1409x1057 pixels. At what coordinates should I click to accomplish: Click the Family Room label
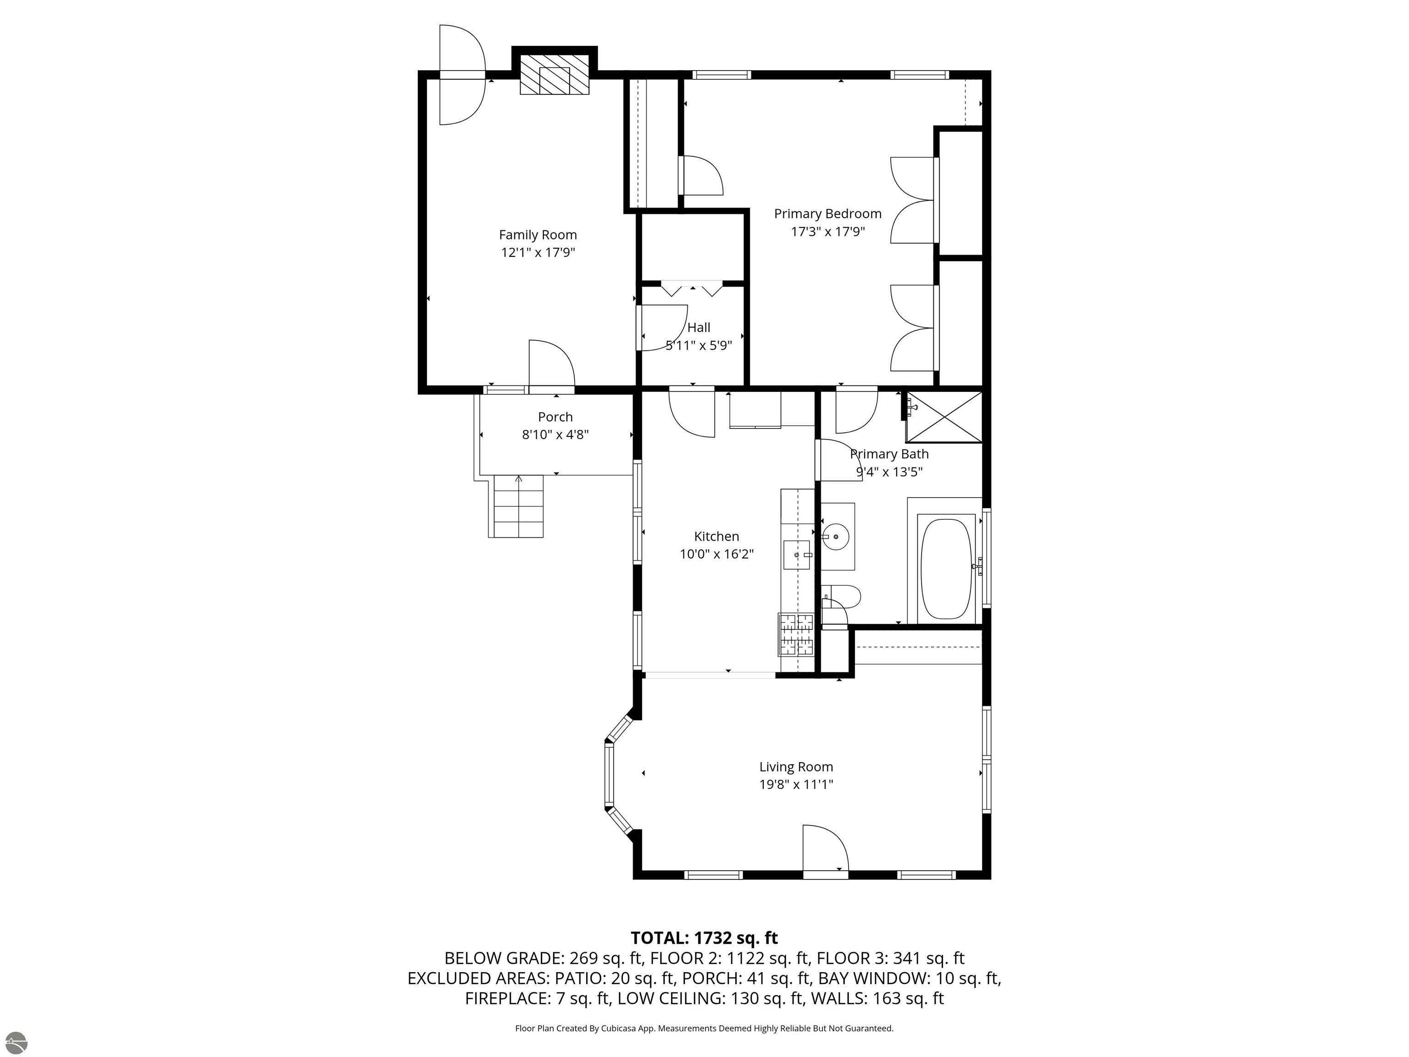pyautogui.click(x=538, y=234)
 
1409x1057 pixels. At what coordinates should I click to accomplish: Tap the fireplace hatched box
pyautogui.click(x=554, y=74)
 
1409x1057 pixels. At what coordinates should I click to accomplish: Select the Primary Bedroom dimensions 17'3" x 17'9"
pyautogui.click(x=827, y=231)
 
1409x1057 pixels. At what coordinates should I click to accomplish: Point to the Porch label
pyautogui.click(x=555, y=417)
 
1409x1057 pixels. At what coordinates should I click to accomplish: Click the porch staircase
pyautogui.click(x=518, y=506)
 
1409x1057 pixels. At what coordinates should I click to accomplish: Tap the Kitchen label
pyautogui.click(x=716, y=536)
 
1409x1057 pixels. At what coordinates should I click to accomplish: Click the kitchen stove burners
pyautogui.click(x=796, y=634)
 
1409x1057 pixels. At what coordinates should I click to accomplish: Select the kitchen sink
pyautogui.click(x=796, y=554)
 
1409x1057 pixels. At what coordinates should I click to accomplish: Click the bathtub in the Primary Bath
pyautogui.click(x=946, y=568)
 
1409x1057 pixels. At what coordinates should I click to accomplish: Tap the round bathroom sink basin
pyautogui.click(x=835, y=536)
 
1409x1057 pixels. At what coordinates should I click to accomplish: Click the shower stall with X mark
pyautogui.click(x=944, y=417)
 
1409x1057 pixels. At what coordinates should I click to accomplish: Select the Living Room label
pyautogui.click(x=796, y=767)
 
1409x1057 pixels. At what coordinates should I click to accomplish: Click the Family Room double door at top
pyautogui.click(x=462, y=75)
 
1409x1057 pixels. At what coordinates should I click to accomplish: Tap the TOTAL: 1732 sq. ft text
pyautogui.click(x=704, y=938)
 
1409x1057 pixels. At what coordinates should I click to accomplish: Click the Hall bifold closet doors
pyautogui.click(x=693, y=290)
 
